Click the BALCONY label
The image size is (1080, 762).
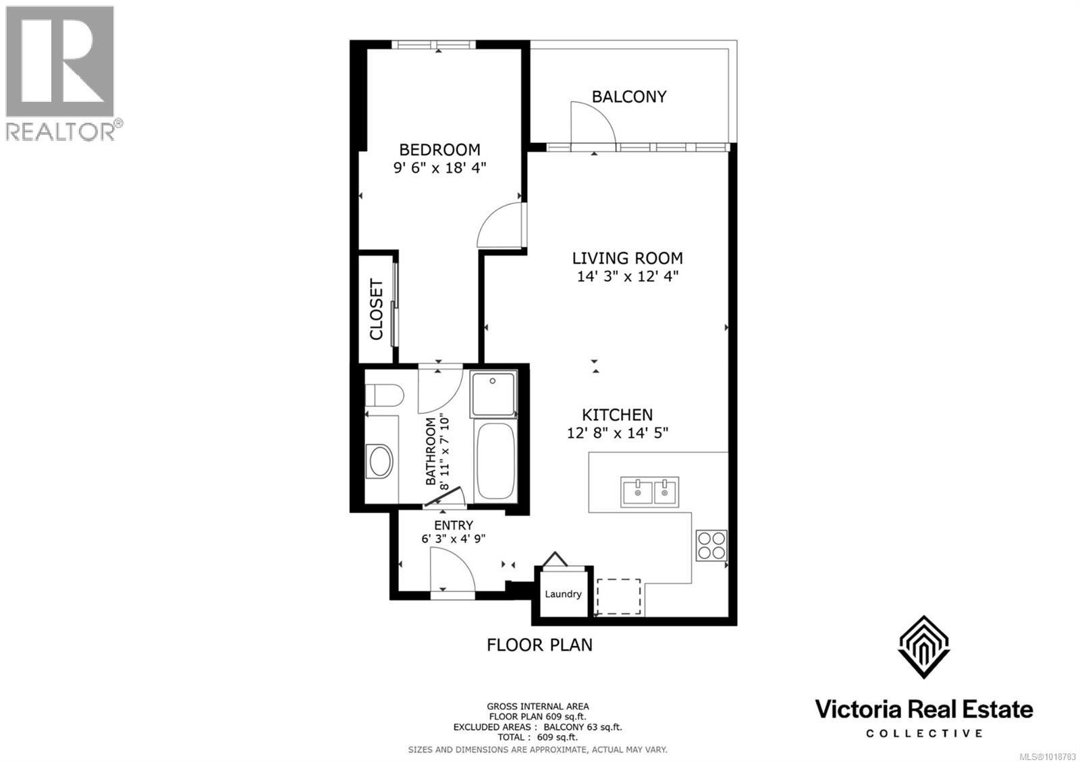click(x=628, y=96)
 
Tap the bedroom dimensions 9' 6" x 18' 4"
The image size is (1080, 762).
click(x=439, y=168)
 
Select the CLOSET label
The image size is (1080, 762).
click(x=376, y=310)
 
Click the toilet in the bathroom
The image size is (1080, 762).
click(x=383, y=394)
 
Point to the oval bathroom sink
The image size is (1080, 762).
click(x=381, y=461)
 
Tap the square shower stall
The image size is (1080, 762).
click(x=494, y=394)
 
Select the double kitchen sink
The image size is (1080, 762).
click(x=649, y=492)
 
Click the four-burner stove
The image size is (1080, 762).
click(x=711, y=546)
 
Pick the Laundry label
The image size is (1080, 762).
click(x=563, y=594)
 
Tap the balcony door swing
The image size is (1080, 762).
click(x=592, y=124)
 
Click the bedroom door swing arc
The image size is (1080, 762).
click(x=500, y=228)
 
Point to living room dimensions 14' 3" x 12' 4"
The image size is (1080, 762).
click(x=627, y=276)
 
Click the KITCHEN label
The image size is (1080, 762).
click(x=617, y=415)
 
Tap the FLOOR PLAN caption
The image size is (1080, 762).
click(x=539, y=645)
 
